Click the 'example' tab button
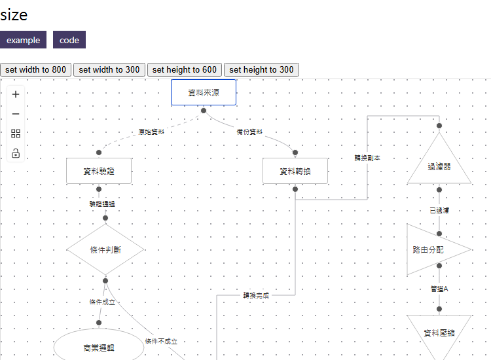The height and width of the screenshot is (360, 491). click(23, 40)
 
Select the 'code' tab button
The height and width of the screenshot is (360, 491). click(69, 40)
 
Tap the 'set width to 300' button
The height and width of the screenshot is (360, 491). click(109, 70)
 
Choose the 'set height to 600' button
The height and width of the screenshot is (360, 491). click(184, 70)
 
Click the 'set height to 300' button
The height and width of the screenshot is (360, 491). click(261, 70)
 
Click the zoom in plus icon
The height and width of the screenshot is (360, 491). click(16, 94)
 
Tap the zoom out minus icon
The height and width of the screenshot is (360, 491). click(16, 114)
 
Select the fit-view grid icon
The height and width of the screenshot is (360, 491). click(16, 134)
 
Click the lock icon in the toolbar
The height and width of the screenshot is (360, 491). click(16, 153)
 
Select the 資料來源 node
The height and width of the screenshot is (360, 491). click(204, 92)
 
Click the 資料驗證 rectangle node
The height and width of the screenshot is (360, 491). click(99, 171)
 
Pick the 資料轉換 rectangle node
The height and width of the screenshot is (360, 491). click(295, 171)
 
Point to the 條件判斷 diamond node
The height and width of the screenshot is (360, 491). click(105, 249)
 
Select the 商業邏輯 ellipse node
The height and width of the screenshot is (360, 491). click(99, 348)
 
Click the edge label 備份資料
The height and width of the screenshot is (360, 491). click(249, 132)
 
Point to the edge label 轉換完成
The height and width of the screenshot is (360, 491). click(256, 295)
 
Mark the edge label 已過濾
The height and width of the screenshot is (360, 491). click(439, 210)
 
